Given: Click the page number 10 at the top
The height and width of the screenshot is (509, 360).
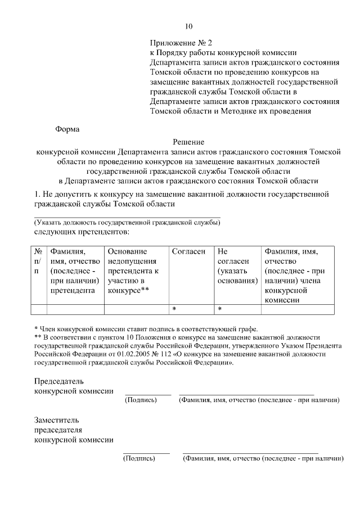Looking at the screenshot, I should (x=188, y=26).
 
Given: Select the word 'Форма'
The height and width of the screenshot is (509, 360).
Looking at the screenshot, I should (x=67, y=128).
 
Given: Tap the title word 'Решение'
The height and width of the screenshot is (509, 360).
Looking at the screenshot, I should (x=188, y=142).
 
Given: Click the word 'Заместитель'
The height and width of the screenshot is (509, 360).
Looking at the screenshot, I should (x=57, y=420).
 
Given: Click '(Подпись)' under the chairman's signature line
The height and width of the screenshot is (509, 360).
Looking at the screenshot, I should (x=141, y=400).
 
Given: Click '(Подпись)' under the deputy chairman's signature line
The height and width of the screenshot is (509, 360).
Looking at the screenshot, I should (x=139, y=458).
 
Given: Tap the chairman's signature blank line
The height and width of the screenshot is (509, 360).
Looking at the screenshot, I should (x=147, y=394).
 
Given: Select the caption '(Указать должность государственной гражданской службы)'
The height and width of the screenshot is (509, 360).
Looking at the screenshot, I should (x=127, y=223).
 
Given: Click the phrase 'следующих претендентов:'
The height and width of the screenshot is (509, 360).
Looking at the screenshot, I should (x=82, y=232).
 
